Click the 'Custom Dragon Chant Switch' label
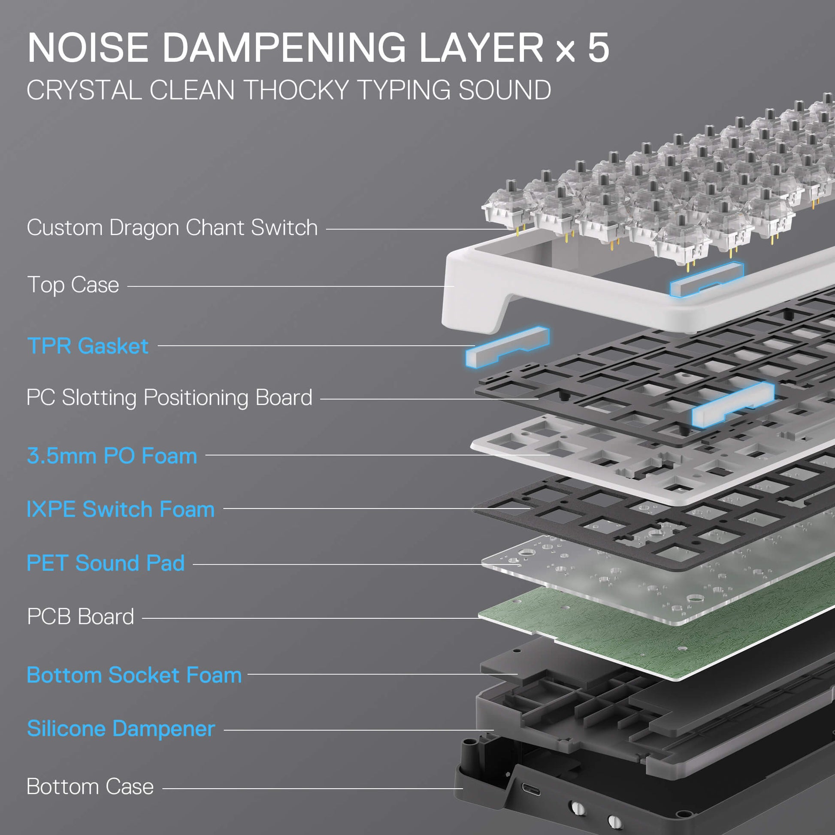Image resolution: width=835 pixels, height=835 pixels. click(x=172, y=228)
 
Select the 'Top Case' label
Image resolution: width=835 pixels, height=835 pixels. click(x=73, y=285)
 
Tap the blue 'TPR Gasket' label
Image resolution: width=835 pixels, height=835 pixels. click(x=88, y=346)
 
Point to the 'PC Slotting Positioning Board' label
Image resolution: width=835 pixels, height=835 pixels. click(x=169, y=398)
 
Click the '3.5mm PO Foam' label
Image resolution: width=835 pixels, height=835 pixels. click(x=112, y=456)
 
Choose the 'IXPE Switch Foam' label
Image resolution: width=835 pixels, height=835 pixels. click(x=121, y=510)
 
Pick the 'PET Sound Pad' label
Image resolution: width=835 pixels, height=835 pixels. click(x=106, y=563)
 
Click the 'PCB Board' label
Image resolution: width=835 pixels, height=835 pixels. click(x=80, y=617)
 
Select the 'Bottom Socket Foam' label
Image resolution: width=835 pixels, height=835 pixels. click(x=134, y=675)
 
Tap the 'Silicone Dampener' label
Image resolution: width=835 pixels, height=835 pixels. click(x=121, y=729)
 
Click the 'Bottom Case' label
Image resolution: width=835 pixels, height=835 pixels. click(x=91, y=787)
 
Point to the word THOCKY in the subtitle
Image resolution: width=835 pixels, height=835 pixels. click(x=297, y=91)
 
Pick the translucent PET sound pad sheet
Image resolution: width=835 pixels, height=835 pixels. click(x=648, y=584)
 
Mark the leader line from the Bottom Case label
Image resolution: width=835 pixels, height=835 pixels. click(x=311, y=788)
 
